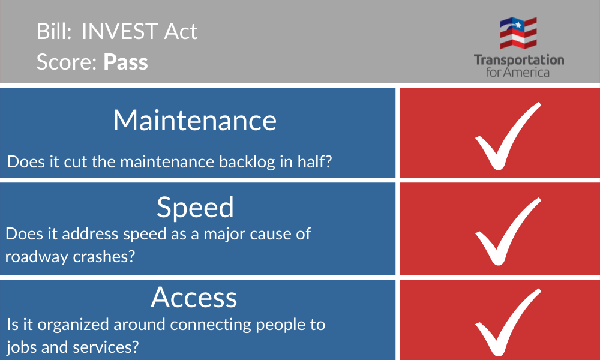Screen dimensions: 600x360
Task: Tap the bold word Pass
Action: pos(125,62)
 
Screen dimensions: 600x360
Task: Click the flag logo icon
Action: pos(518,33)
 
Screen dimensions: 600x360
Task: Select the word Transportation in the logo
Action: pos(519,59)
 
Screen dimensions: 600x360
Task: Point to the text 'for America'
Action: pos(518,72)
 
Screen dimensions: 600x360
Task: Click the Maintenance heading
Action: pos(195,121)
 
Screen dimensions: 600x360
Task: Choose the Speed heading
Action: pos(195,208)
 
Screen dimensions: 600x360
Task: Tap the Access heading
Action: pos(194,298)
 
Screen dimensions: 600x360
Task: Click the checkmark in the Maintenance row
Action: pos(508,136)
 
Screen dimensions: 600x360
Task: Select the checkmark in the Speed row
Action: pos(508,232)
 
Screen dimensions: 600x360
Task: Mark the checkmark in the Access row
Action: pos(508,322)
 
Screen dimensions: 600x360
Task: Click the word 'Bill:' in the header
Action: pos(54,31)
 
